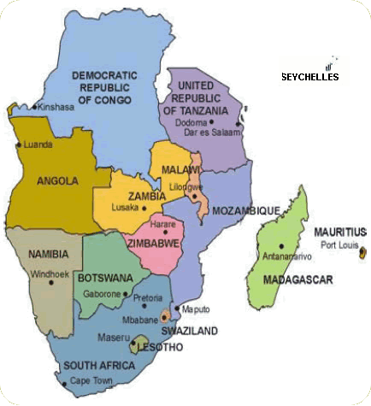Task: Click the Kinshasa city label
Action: [53, 108]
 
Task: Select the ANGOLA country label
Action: [58, 180]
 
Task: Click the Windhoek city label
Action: [46, 274]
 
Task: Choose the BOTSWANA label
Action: [104, 279]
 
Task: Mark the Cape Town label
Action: [91, 381]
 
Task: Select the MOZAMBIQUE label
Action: [227, 210]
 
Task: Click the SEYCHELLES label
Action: [310, 77]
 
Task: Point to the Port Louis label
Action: [338, 244]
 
